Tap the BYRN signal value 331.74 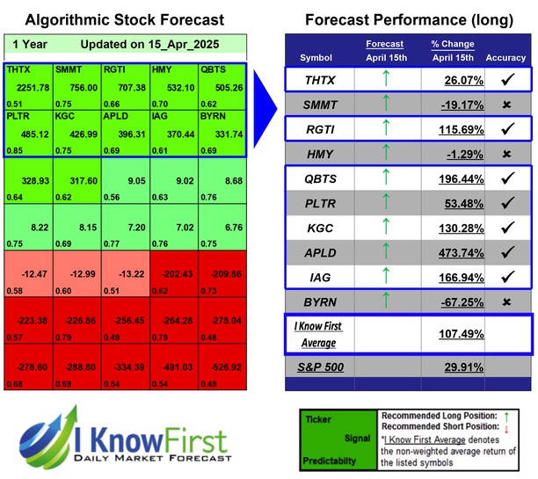224,134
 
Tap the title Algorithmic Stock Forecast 124,19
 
